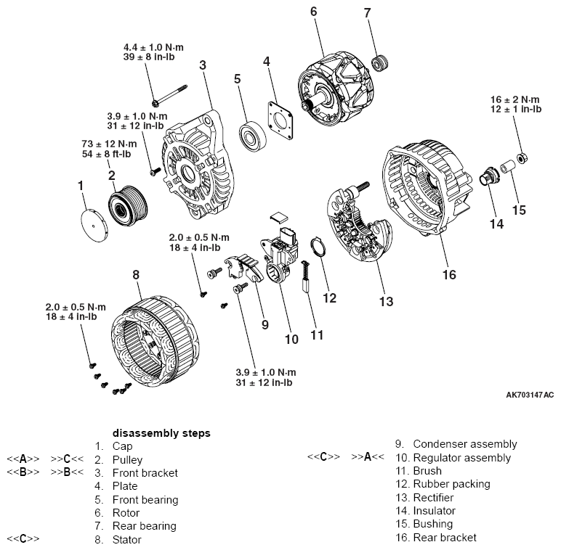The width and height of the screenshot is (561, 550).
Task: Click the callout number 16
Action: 449,274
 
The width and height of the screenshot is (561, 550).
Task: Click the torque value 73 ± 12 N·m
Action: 109,144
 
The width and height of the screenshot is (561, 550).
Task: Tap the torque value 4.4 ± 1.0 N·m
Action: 154,48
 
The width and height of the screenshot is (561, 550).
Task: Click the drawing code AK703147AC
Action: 530,395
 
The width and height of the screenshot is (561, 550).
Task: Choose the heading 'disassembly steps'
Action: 161,433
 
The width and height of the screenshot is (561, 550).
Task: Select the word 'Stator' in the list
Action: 127,539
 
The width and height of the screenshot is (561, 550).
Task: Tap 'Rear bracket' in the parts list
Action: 445,538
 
